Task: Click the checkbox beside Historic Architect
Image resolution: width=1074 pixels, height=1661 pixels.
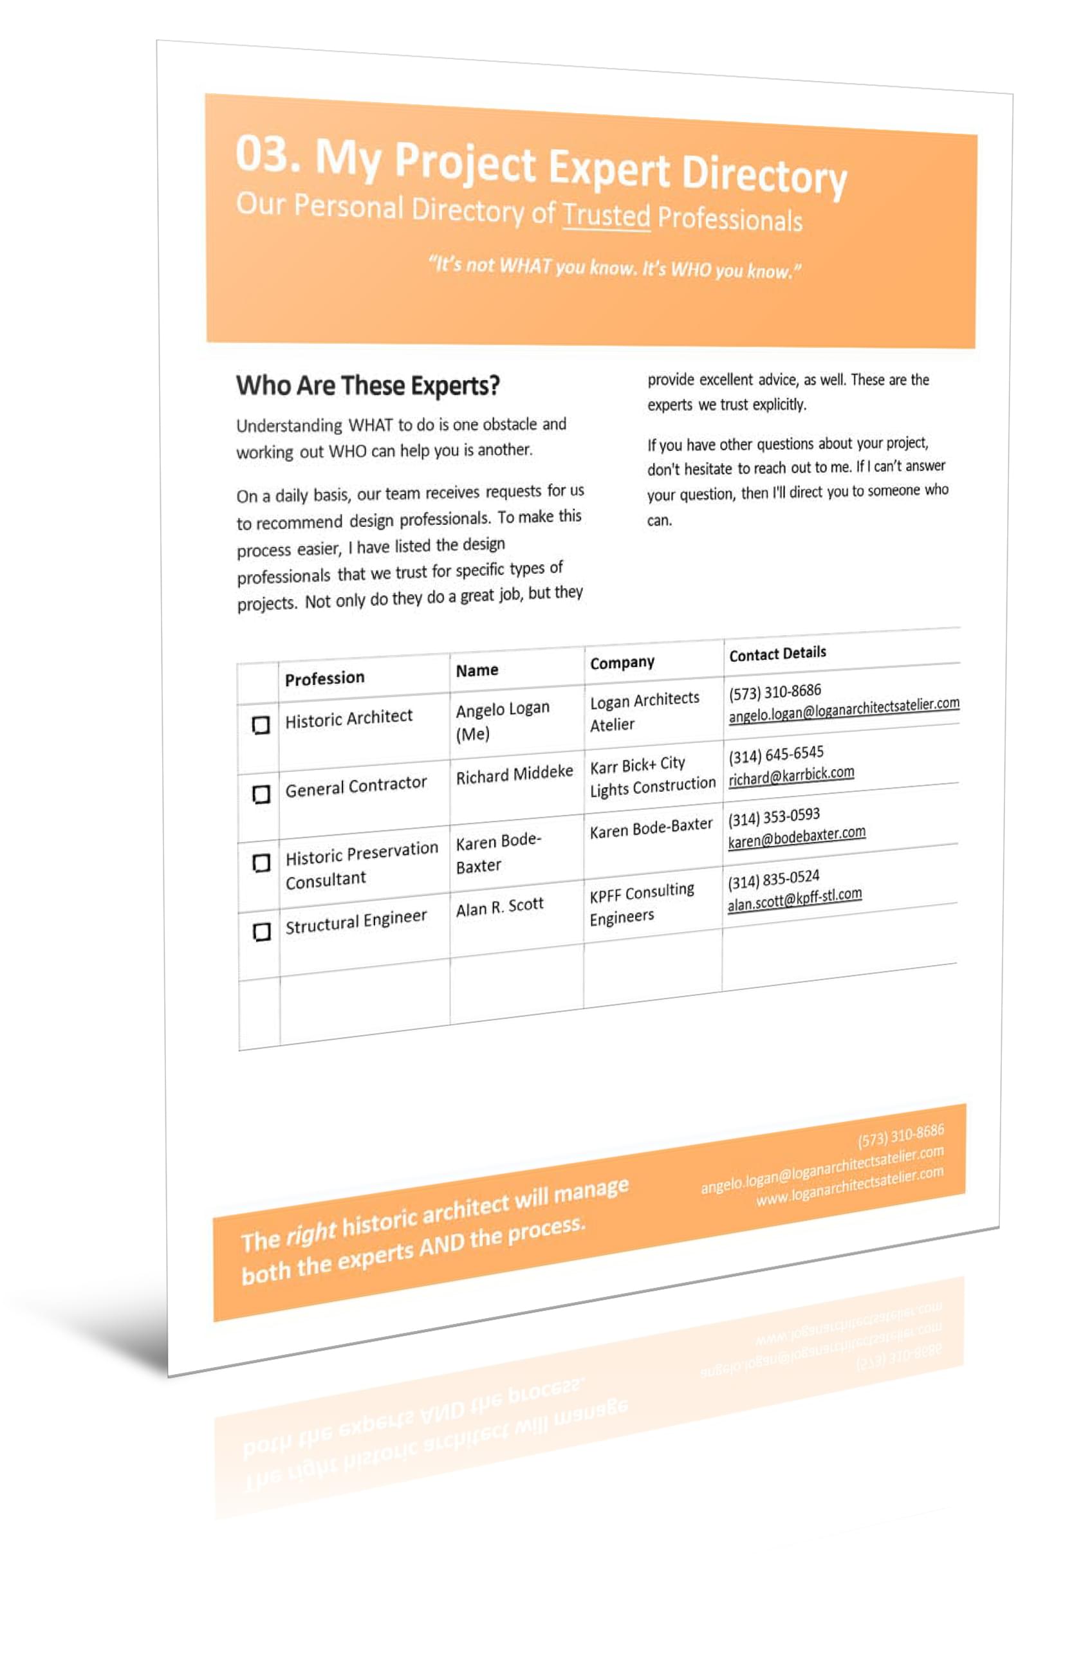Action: coord(260,725)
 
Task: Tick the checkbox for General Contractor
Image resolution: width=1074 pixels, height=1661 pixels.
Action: coord(261,794)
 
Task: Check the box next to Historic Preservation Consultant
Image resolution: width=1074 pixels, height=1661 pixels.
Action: coord(261,863)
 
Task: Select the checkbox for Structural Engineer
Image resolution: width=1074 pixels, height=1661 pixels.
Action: coord(261,932)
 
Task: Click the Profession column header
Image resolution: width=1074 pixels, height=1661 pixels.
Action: coord(324,678)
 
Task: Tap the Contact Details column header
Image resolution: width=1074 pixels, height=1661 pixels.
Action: coord(777,654)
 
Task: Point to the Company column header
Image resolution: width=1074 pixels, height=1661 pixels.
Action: coord(622,663)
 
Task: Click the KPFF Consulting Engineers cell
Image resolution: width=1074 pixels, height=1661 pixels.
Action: coord(641,904)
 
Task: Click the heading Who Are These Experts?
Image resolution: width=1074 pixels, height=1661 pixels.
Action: coord(367,385)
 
